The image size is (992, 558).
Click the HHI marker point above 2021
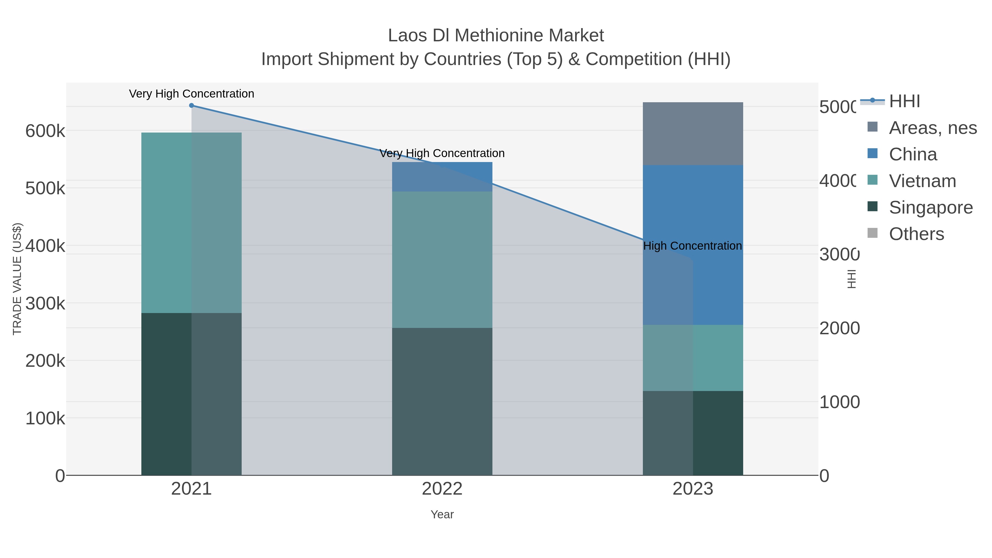(192, 106)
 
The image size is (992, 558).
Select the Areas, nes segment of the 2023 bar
(693, 134)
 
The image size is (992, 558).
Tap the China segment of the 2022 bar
(442, 177)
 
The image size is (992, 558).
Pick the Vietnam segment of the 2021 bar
(192, 223)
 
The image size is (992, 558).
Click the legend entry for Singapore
(930, 207)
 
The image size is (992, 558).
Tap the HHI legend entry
(904, 101)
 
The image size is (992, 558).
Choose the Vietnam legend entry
(922, 181)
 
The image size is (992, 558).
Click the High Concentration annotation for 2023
(692, 246)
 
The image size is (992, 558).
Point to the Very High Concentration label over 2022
(442, 153)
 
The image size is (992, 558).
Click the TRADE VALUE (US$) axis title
(17, 279)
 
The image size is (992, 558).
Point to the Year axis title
(442, 514)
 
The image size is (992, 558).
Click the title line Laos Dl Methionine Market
(496, 36)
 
